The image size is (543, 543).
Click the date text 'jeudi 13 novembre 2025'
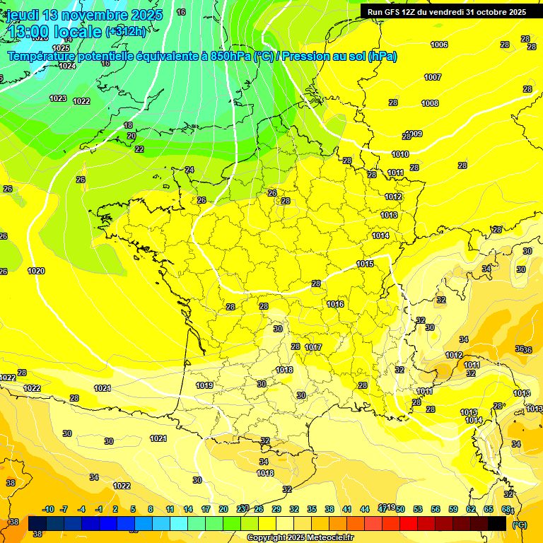(85, 14)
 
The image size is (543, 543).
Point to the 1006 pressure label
(439, 45)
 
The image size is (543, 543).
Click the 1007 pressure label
(433, 77)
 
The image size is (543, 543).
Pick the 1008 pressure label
(430, 103)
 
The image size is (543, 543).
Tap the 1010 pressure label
(400, 154)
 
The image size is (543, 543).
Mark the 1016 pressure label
(335, 304)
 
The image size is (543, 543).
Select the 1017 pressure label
(313, 347)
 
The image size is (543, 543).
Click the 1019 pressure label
(205, 385)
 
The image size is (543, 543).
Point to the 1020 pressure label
(36, 271)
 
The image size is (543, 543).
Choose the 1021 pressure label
(158, 438)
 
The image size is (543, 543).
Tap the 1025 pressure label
(61, 48)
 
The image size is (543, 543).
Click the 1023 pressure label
(58, 98)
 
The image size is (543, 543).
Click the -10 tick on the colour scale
(49, 509)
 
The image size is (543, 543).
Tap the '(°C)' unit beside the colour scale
(520, 524)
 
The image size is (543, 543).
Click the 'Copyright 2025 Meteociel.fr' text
(300, 537)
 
